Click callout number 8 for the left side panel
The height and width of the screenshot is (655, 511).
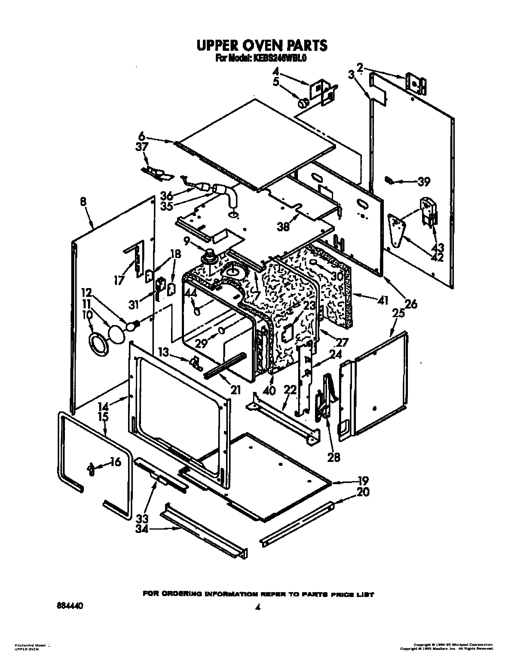click(83, 202)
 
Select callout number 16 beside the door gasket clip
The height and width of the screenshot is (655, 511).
click(116, 462)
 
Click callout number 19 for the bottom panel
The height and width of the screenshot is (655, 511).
click(363, 481)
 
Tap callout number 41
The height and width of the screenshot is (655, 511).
click(383, 300)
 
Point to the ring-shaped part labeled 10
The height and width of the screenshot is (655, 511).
click(98, 344)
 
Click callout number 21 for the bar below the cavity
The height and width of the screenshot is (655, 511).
click(235, 390)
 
